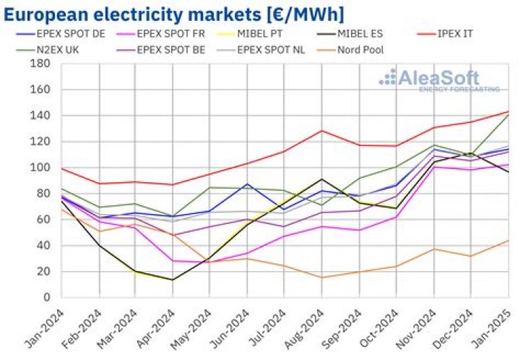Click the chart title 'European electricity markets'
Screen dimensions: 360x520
click(173, 14)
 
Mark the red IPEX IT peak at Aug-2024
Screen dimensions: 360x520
click(321, 131)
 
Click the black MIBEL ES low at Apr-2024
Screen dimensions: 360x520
click(173, 280)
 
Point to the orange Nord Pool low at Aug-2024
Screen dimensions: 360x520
click(321, 278)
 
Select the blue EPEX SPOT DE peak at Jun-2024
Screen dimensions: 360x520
click(247, 184)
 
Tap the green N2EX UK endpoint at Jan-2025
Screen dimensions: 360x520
click(508, 115)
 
